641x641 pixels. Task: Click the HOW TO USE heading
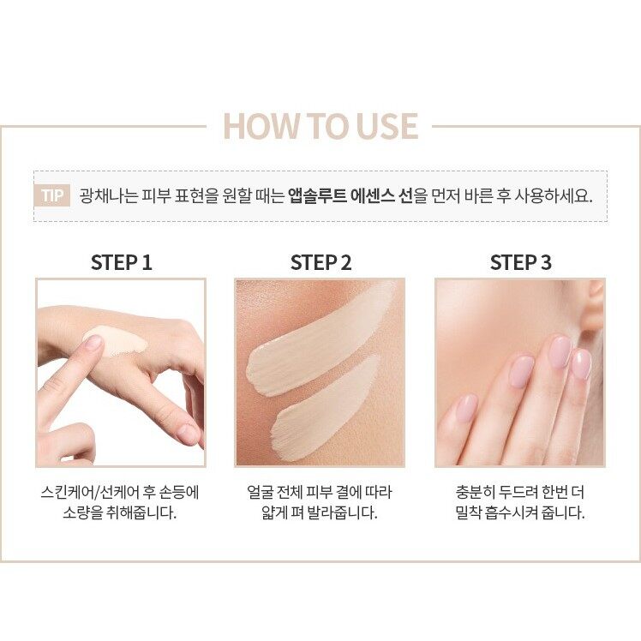coord(320,126)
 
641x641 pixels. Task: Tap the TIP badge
coord(52,195)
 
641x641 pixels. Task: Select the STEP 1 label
coord(122,262)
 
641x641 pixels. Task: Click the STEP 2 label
coord(320,262)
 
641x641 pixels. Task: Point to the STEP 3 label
coord(521,262)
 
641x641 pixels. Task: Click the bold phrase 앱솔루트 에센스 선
coord(350,196)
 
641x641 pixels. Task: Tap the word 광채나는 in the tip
coord(108,196)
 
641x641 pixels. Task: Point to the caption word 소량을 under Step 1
coord(82,512)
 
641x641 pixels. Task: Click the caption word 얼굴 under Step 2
coord(260,493)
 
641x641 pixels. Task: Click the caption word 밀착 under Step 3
coord(468,512)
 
